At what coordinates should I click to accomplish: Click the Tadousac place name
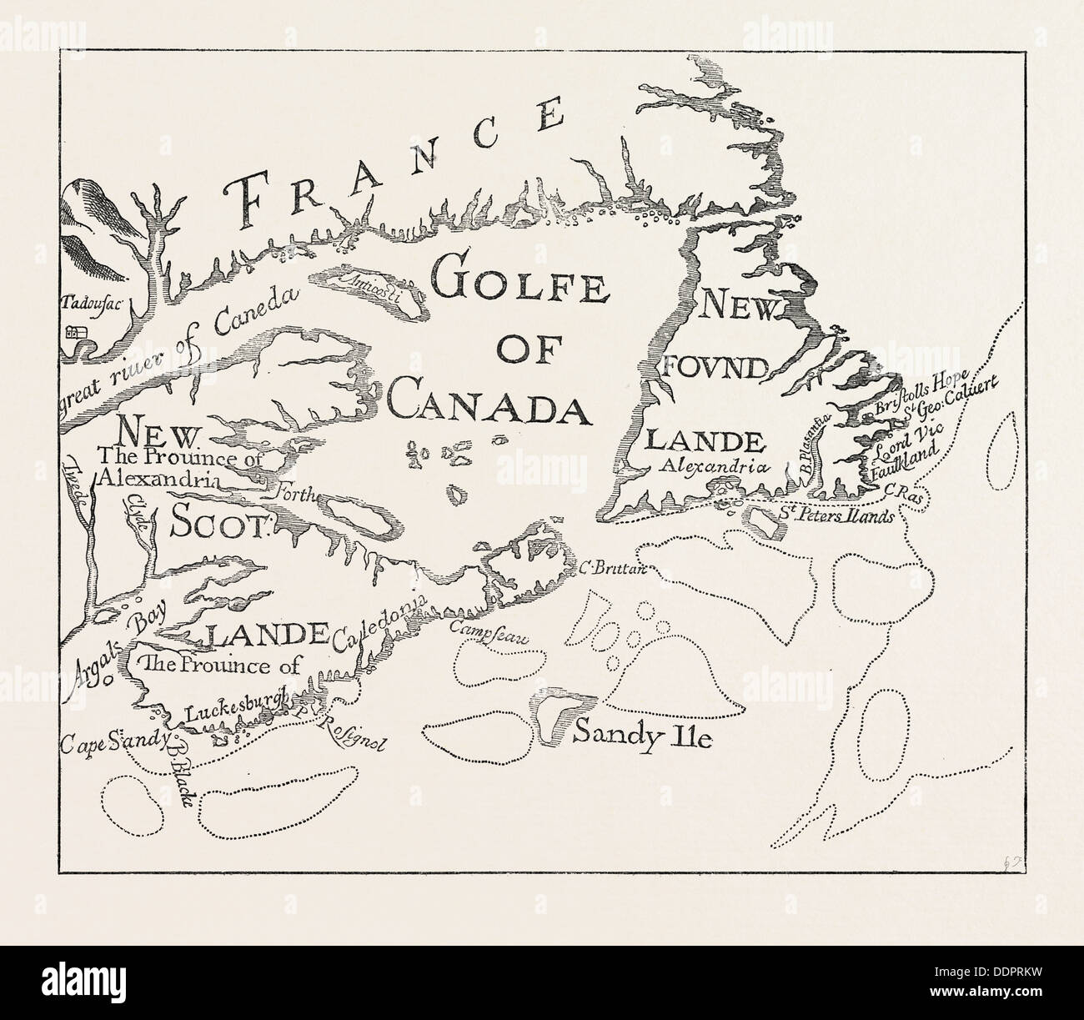[x=92, y=304]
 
